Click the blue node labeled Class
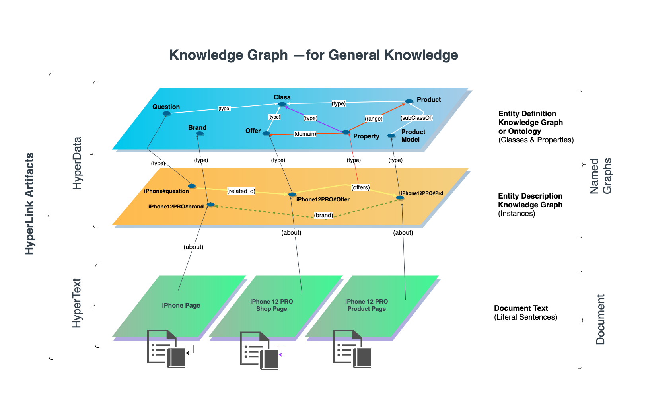(282, 104)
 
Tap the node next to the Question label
(166, 114)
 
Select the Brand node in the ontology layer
(200, 134)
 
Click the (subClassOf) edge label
(416, 118)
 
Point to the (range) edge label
(374, 119)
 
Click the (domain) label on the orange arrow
(305, 134)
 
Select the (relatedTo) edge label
(241, 191)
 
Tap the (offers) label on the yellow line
(360, 187)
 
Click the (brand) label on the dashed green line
(323, 215)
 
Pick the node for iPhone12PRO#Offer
(292, 195)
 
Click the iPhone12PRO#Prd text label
(422, 193)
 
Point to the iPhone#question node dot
(192, 186)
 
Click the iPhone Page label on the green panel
(181, 306)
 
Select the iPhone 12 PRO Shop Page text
(272, 305)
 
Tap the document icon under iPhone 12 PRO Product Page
(352, 349)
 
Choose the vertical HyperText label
(77, 303)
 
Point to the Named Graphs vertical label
(600, 176)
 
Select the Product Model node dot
(391, 136)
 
